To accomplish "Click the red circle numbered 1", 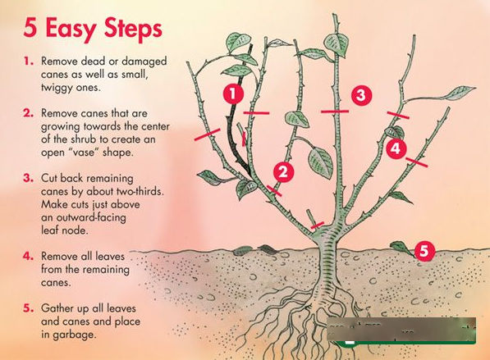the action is pyautogui.click(x=233, y=93).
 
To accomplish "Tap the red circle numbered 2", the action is pyautogui.click(x=283, y=171).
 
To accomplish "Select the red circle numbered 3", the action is pyautogui.click(x=361, y=95).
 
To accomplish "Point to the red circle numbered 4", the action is pyautogui.click(x=396, y=148).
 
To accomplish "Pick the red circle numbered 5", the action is pyautogui.click(x=424, y=250).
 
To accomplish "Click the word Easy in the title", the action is pyautogui.click(x=71, y=29).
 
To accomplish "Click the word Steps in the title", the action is pyautogui.click(x=134, y=28).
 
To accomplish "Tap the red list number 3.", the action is pyautogui.click(x=28, y=178).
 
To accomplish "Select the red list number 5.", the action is pyautogui.click(x=28, y=308).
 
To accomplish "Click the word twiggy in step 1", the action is pyautogui.click(x=57, y=88).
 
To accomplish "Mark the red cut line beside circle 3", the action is pyautogui.click(x=335, y=112).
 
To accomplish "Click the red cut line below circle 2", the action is pyautogui.click(x=274, y=191).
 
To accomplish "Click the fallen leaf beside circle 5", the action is pyautogui.click(x=401, y=248).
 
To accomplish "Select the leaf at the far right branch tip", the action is pyautogui.click(x=460, y=93).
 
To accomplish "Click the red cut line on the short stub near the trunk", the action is pyautogui.click(x=317, y=226).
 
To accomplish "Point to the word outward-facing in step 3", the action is pyautogui.click(x=84, y=217).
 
